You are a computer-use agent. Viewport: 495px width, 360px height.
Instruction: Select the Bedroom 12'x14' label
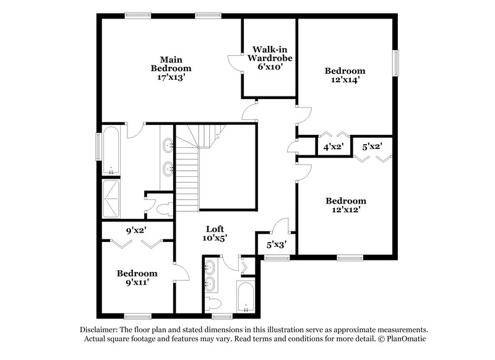[345, 75]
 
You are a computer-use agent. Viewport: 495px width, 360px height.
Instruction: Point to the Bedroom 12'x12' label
[345, 205]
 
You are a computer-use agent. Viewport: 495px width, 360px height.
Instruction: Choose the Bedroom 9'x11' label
[137, 277]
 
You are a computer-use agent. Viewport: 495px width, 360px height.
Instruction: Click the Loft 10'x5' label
[214, 233]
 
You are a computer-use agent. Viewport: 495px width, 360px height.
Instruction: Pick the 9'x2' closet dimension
[137, 231]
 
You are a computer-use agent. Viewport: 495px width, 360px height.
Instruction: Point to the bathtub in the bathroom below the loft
[246, 299]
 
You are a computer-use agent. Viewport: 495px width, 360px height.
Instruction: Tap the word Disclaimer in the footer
[99, 330]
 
